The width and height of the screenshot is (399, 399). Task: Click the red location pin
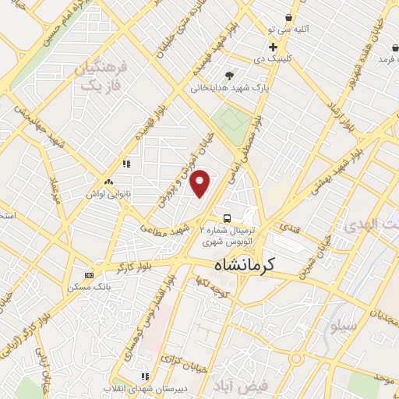[x=201, y=182]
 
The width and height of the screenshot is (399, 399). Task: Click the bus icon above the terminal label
[x=226, y=218]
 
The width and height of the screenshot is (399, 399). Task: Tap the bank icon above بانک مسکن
[x=89, y=275]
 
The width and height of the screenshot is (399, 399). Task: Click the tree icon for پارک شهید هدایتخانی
[x=229, y=76]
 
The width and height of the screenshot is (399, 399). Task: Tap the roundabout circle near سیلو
[x=297, y=359]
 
